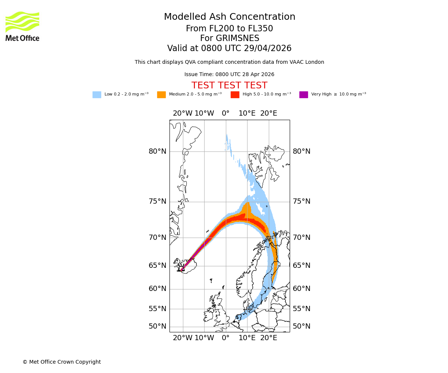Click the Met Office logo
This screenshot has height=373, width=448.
tap(22, 26)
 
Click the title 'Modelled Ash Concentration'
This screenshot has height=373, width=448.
tap(230, 17)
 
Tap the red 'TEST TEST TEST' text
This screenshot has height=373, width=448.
tap(229, 85)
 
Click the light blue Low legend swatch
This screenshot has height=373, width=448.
tap(97, 95)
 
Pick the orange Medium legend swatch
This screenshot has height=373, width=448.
tap(161, 95)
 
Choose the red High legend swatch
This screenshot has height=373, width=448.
tap(235, 95)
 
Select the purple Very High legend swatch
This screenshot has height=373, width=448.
tap(304, 95)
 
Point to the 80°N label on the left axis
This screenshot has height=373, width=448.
tap(158, 151)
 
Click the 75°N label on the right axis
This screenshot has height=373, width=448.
tap(302, 201)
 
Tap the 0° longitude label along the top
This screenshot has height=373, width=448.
tap(225, 113)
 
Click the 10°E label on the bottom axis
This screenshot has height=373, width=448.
tap(247, 338)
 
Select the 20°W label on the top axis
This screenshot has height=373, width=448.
tap(183, 113)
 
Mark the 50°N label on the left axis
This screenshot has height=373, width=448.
tap(158, 326)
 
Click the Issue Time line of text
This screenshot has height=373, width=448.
tap(229, 74)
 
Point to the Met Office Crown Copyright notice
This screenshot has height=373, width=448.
tap(62, 362)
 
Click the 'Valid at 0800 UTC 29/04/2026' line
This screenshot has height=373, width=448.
tap(229, 48)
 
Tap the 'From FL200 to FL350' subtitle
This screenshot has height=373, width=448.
tap(229, 29)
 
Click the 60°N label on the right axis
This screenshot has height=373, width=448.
tap(302, 289)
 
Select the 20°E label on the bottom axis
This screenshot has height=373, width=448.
tap(268, 338)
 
